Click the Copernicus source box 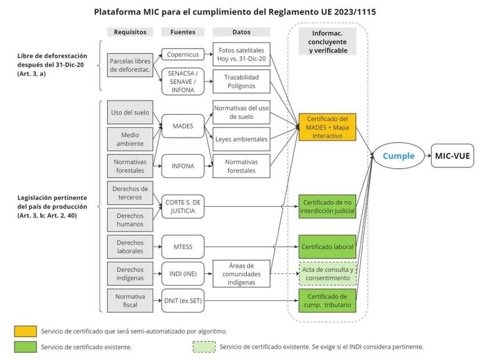pyautogui.click(x=182, y=54)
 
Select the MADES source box pyautogui.click(x=182, y=126)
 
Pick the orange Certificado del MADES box pyautogui.click(x=327, y=127)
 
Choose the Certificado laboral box pyautogui.click(x=327, y=247)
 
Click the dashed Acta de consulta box pyautogui.click(x=327, y=273)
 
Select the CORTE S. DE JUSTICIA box pyautogui.click(x=182, y=206)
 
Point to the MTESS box pyautogui.click(x=182, y=247)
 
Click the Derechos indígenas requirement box pyautogui.click(x=130, y=273)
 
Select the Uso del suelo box pyautogui.click(x=130, y=112)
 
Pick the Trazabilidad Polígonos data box pyautogui.click(x=242, y=81)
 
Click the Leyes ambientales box pyautogui.click(x=242, y=139)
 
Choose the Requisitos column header pyautogui.click(x=130, y=32)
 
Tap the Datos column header pyautogui.click(x=242, y=32)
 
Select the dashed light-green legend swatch pyautogui.click(x=203, y=346)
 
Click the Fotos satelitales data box pyautogui.click(x=242, y=54)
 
